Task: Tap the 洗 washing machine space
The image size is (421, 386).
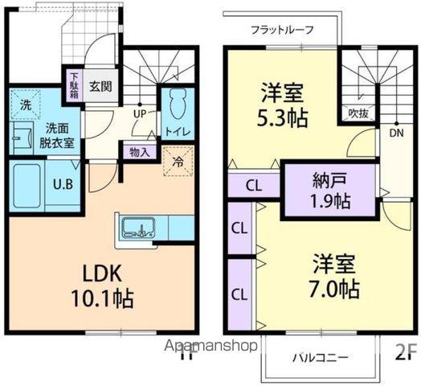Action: [x=25, y=105]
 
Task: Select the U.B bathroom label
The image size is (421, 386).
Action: [x=63, y=183]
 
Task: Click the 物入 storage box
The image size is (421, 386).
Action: [x=139, y=151]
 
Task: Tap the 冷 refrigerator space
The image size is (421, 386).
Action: [x=178, y=159]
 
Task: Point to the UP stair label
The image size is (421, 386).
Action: [x=140, y=115]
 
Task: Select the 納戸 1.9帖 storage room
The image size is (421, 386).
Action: [x=329, y=191]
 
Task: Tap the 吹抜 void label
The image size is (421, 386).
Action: [x=358, y=113]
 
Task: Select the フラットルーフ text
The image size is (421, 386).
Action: [x=281, y=31]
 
